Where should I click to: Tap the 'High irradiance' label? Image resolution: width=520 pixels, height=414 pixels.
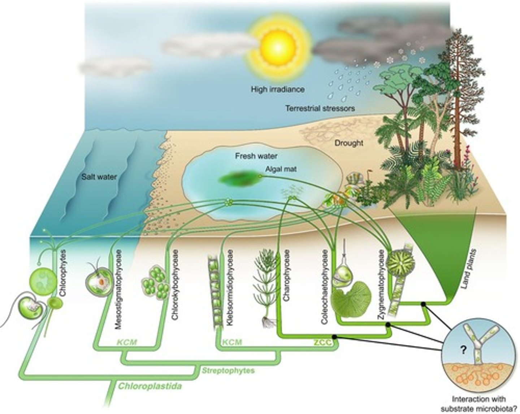click(x=278, y=89)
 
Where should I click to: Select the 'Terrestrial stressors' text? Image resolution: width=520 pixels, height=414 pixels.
click(x=320, y=108)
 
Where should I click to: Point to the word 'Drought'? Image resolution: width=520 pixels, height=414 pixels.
click(x=348, y=143)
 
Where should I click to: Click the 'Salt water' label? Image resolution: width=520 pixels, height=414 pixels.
click(x=99, y=177)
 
